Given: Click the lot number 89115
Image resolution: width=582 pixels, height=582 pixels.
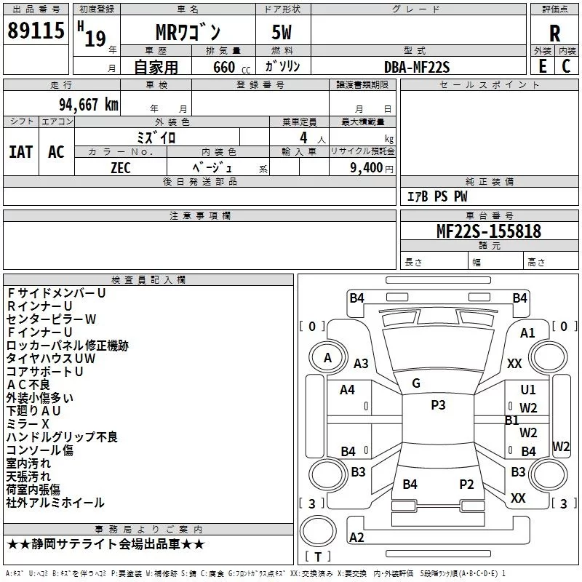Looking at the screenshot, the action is coord(36,30).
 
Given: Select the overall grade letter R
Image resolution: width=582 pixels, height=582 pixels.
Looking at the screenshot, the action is coord(554,33).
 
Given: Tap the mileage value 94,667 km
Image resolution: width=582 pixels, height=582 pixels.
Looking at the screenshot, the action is coord(89,105).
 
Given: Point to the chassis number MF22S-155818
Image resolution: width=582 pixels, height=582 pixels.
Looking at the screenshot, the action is coord(489,231).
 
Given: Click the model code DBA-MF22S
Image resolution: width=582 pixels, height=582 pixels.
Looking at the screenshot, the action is coord(416,67).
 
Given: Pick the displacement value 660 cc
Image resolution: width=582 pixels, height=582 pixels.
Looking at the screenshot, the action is coord(231,67).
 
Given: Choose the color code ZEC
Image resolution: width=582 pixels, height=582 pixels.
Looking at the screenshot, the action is coord(121,168).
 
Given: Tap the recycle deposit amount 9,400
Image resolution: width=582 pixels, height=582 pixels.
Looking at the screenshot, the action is coord(367,167).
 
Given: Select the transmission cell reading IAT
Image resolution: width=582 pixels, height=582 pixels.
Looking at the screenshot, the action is coord(21,152).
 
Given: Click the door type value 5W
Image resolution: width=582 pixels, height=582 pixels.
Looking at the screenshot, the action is coord(282,32).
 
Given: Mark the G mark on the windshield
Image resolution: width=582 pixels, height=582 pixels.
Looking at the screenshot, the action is coord(416,383).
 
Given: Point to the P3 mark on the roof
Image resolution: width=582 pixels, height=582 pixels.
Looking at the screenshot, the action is coord(438,405).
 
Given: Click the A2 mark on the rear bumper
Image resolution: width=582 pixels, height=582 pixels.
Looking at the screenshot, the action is coord(356,537).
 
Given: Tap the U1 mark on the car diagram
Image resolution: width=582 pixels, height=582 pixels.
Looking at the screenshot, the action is coord(528,389).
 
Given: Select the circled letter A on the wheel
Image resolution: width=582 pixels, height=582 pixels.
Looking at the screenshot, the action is coord(327,358).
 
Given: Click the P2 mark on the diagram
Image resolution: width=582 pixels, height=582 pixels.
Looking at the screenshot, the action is coord(466,484).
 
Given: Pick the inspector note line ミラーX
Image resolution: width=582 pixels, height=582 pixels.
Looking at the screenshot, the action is coord(28,424).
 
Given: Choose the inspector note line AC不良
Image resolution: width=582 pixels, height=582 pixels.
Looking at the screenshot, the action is coord(28,385).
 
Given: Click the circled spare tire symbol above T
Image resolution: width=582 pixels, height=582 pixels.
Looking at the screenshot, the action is coord(318,531).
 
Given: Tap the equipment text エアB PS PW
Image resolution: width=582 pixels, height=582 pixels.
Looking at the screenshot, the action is coord(437,196).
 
